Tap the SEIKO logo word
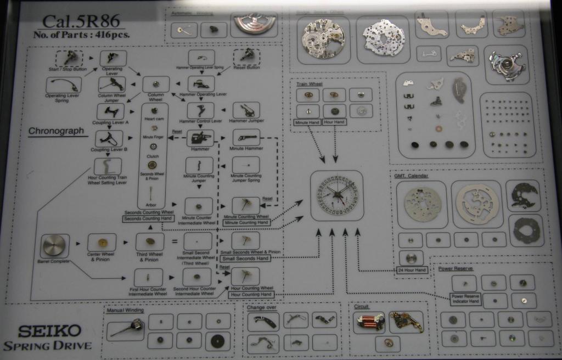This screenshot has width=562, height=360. pyautogui.click(x=49, y=331)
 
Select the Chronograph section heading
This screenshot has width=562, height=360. pyautogui.click(x=56, y=131)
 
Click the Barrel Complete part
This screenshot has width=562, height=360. pyautogui.click(x=54, y=245)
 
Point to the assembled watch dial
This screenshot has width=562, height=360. pyautogui.click(x=336, y=195)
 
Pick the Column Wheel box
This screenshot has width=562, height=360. pyautogui.click(x=156, y=85)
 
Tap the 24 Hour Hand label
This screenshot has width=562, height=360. pyautogui.click(x=412, y=270)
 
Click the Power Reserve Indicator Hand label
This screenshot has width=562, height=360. pyautogui.click(x=465, y=299)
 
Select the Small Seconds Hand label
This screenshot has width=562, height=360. pyautogui.click(x=245, y=258)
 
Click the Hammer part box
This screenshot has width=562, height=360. pyautogui.click(x=200, y=137)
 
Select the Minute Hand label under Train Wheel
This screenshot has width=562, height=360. pyautogui.click(x=308, y=121)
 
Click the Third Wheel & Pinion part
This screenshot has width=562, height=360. pyautogui.click(x=149, y=241)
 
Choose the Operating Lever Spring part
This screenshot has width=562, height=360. pyautogui.click(x=64, y=85)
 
